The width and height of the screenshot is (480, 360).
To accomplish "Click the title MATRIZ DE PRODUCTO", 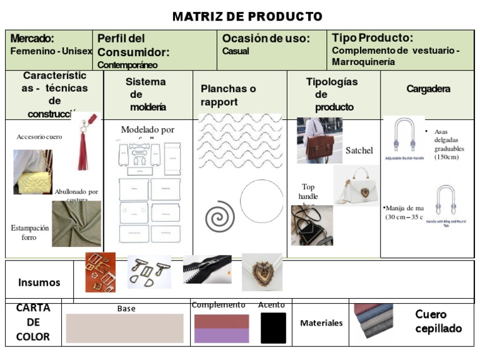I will (247, 16).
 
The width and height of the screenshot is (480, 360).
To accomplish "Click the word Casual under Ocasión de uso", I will (236, 51).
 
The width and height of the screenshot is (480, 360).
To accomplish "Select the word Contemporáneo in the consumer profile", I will (127, 64).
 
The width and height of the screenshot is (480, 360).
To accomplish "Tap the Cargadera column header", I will (428, 89).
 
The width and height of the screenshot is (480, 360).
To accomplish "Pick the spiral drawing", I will (219, 216).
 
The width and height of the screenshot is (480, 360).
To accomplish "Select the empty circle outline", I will (261, 202).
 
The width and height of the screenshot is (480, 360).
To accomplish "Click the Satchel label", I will (359, 151).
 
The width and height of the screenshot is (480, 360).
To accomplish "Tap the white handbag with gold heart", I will (356, 186).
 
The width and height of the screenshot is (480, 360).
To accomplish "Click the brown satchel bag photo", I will (319, 141).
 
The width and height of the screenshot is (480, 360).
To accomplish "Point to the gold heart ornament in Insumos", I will (262, 272).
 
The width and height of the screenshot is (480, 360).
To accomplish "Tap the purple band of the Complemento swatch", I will (221, 336).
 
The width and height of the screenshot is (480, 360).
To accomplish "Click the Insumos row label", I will (39, 282).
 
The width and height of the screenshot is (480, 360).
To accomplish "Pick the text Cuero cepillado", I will (438, 321).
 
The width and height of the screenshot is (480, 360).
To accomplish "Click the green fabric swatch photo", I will (76, 224).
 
